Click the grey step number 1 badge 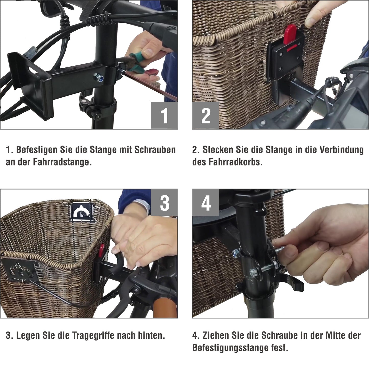[164, 115]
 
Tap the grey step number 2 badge [206, 116]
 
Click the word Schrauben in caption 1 [155, 150]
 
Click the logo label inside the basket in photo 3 [81, 212]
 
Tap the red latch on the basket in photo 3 [102, 250]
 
